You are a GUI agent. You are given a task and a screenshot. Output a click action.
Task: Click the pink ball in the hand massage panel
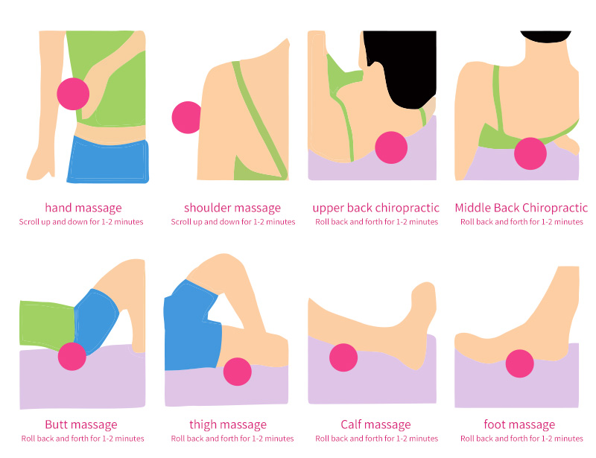click(73, 93)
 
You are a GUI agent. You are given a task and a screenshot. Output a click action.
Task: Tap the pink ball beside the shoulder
click(187, 117)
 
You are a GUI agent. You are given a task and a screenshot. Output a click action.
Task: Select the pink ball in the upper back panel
click(391, 147)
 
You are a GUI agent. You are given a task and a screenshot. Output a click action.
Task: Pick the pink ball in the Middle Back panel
click(531, 153)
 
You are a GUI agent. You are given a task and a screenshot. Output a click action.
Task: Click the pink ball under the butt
click(73, 356)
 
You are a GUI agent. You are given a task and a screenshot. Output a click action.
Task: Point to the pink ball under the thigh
click(238, 372)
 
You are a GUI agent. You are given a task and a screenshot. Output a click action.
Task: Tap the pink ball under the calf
click(343, 357)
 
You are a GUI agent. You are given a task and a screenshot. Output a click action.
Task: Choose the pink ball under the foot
click(520, 363)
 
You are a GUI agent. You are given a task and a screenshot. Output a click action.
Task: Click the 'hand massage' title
click(83, 208)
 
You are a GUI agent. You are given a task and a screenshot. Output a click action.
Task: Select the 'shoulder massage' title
click(232, 208)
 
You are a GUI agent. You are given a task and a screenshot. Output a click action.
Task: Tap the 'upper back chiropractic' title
click(376, 208)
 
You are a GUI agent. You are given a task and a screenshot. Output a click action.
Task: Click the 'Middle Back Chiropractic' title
click(521, 208)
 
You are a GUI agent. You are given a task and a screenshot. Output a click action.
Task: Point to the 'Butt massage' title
click(81, 424)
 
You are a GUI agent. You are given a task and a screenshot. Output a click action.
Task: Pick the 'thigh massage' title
click(228, 424)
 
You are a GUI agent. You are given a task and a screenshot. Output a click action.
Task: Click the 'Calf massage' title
click(375, 424)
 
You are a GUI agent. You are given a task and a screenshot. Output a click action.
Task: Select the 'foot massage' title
click(519, 424)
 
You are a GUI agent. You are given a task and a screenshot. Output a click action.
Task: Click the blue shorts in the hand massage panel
click(107, 159)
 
